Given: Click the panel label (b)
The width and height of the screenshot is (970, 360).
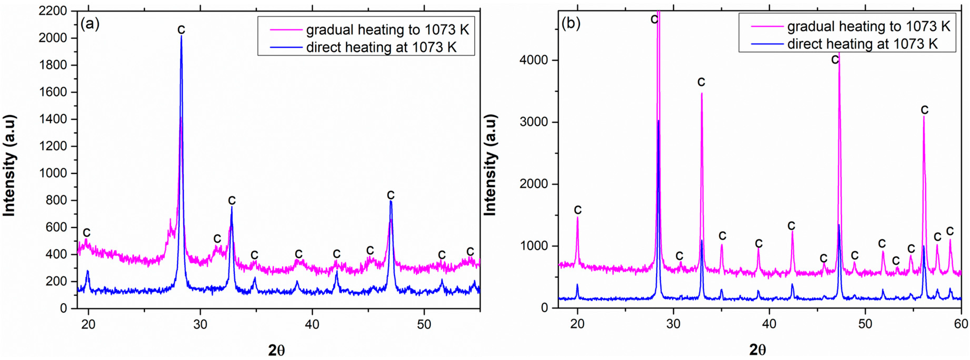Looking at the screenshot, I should click(x=570, y=23).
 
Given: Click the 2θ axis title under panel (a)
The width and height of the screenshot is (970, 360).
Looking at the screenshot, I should click(x=276, y=350).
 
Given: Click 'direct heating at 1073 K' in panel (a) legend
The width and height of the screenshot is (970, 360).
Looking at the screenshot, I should click(x=381, y=48).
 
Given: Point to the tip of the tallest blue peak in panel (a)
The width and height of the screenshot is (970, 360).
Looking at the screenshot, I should click(x=181, y=36).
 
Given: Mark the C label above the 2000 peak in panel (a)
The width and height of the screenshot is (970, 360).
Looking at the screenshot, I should click(x=181, y=29).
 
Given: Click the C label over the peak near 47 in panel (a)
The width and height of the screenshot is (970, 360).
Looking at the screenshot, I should click(x=391, y=195).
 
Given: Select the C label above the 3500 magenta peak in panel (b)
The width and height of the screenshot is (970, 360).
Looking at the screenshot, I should click(x=701, y=82).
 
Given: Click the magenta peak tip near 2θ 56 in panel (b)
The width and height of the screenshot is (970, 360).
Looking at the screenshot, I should click(x=924, y=116).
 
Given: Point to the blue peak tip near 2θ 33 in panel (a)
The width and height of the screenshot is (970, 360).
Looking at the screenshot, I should click(x=232, y=207).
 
